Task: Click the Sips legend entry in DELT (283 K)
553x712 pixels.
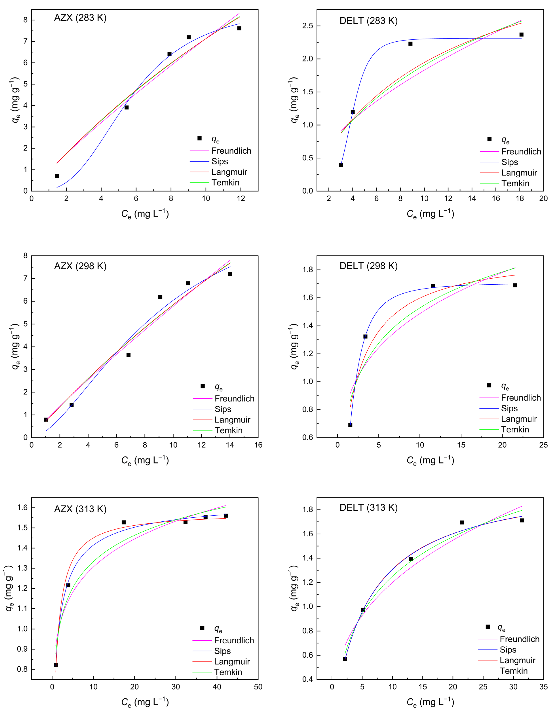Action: [x=509, y=162]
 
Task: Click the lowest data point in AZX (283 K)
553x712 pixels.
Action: [x=57, y=176]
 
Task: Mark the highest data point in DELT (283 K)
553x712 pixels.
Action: [x=521, y=35]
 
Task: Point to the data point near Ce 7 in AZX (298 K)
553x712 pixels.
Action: [x=128, y=355]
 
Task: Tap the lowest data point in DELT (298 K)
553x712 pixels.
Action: [x=350, y=425]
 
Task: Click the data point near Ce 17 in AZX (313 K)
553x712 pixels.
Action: [x=124, y=522]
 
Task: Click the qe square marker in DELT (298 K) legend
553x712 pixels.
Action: [x=489, y=385]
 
